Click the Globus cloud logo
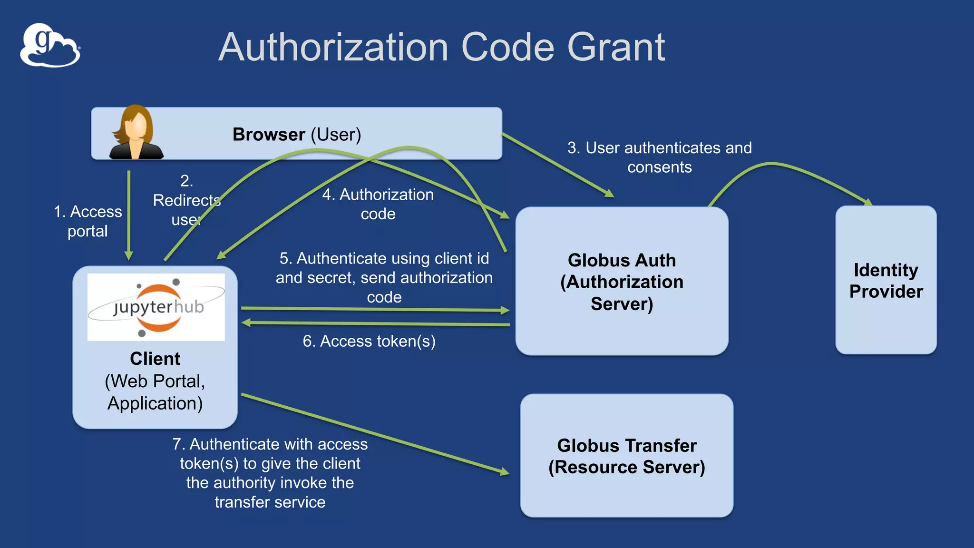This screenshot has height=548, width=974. [x=50, y=46]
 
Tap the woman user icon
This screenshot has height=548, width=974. [x=136, y=133]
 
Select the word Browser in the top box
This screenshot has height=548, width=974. [x=269, y=135]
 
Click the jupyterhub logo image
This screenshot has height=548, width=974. [x=156, y=307]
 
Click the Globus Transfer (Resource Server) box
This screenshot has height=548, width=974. [x=626, y=455]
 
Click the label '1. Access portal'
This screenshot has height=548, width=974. [x=88, y=221]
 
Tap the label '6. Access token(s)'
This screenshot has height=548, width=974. [x=369, y=341]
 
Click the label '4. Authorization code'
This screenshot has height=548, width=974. [x=378, y=204]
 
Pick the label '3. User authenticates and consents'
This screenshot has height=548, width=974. [x=659, y=157]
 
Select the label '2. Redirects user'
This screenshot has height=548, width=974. [x=186, y=200]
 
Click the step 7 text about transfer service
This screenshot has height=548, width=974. [x=270, y=473]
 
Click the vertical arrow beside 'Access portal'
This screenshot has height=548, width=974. [x=129, y=214]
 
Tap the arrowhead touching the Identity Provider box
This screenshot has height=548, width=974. [x=868, y=202]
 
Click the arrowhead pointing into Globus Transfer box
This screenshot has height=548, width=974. [x=504, y=471]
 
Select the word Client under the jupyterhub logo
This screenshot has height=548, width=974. [x=155, y=359]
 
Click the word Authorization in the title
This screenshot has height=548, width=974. [x=333, y=48]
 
